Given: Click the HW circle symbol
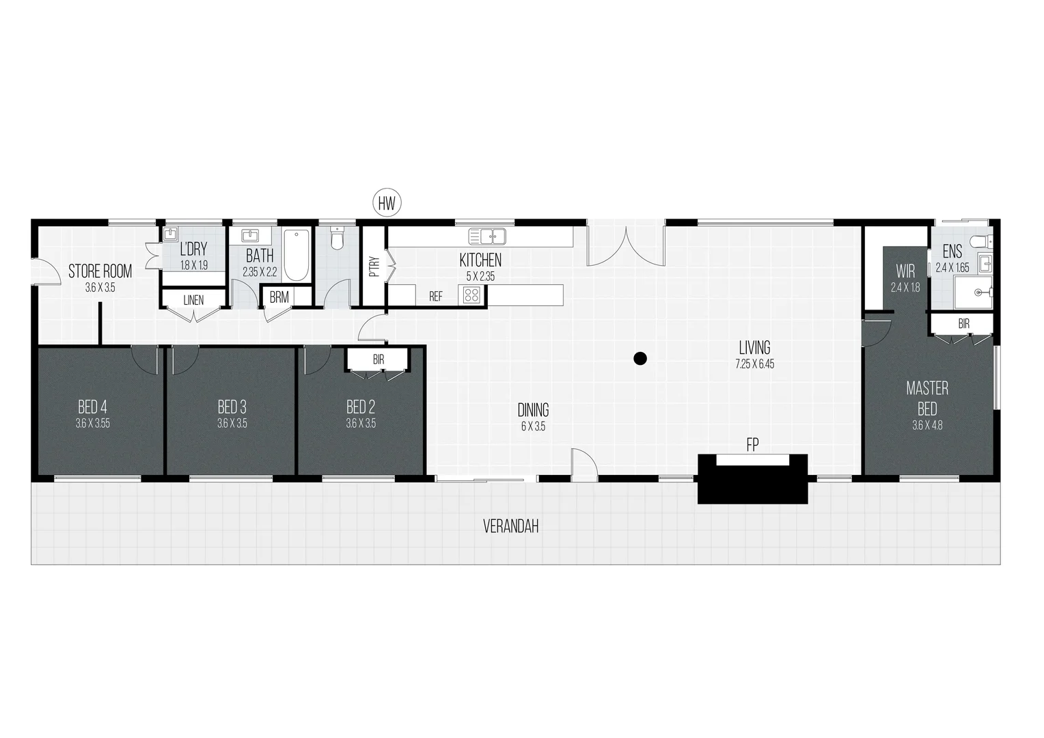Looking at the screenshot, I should (x=387, y=202).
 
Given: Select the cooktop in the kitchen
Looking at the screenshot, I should (x=472, y=295).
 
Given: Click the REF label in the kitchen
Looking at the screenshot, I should (x=436, y=297).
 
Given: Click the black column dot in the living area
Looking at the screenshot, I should (x=640, y=357).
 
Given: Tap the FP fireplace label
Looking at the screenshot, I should (x=752, y=446).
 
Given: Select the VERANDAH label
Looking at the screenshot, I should (x=511, y=527).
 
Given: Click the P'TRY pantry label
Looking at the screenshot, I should (x=374, y=266).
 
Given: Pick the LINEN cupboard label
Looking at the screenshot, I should (x=193, y=300).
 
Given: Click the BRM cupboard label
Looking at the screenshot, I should (x=279, y=298).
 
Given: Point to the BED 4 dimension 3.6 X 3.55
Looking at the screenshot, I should (x=93, y=424).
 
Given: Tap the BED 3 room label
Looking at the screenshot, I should (x=232, y=408).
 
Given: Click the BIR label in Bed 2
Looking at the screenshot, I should (x=378, y=359).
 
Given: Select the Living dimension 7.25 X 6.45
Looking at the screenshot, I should (x=755, y=364).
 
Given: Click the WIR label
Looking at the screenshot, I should (x=905, y=272).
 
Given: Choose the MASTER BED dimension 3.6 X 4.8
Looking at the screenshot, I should (x=927, y=425).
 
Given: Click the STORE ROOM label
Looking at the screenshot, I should (x=100, y=271).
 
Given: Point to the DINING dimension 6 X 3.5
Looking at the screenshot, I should (x=533, y=426).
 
